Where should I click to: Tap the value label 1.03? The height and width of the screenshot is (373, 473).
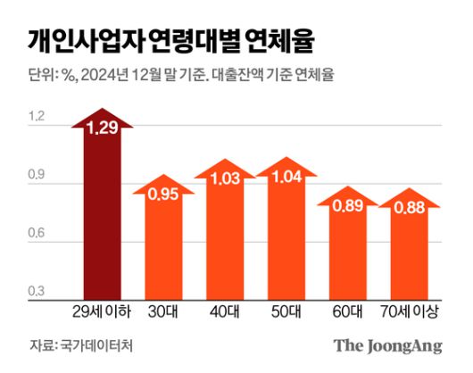coord(224,179)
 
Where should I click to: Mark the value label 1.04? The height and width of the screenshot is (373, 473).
coord(286,178)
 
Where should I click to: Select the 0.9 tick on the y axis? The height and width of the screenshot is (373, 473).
coord(36,176)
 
